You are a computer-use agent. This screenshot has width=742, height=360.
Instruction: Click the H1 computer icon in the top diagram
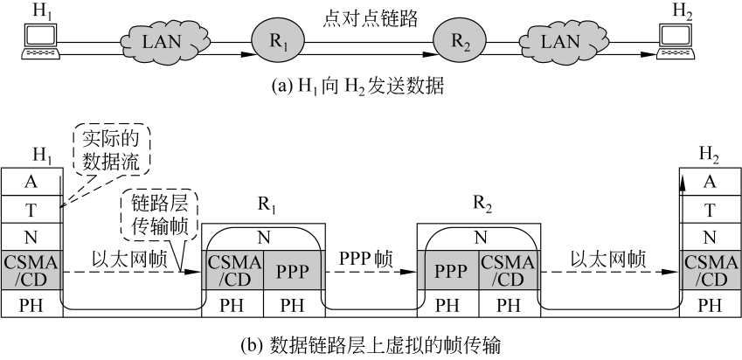(x=39, y=38)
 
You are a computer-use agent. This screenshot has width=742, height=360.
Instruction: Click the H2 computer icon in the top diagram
(x=677, y=38)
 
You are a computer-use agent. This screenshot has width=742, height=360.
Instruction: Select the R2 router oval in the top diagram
(x=460, y=38)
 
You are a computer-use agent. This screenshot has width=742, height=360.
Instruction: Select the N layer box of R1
(x=265, y=237)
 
